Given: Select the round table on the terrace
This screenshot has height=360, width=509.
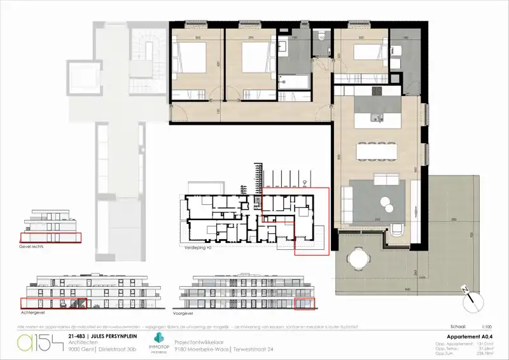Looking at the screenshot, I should coord(358,258).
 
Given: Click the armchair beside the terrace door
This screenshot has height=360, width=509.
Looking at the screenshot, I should coord(397,230).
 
